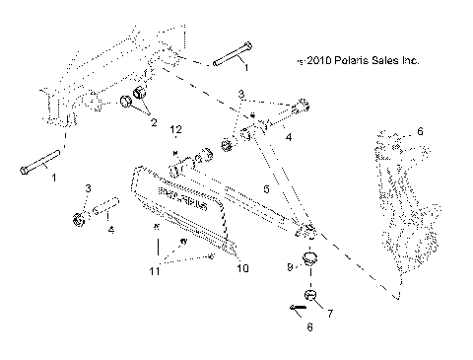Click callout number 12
[176, 130]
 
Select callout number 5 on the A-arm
[265, 186]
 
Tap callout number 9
[290, 266]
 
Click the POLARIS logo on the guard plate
[184, 208]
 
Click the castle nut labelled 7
[308, 297]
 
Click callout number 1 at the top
[245, 67]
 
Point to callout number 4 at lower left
[110, 230]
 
